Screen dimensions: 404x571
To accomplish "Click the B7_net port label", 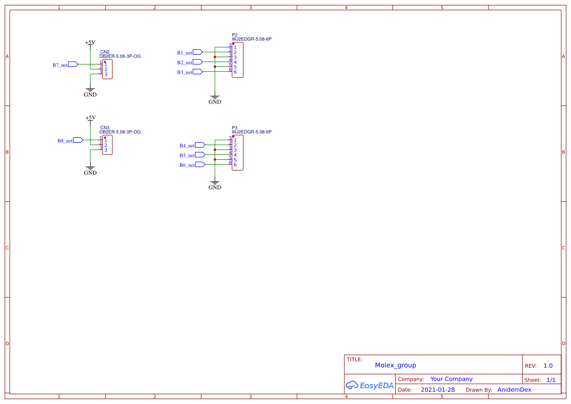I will click(60, 65).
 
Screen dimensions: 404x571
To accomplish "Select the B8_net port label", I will click(65, 141).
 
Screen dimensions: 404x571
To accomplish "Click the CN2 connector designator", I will click(105, 52).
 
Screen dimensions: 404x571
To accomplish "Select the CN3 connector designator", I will click(105, 128).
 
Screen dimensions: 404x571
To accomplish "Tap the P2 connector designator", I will click(234, 35).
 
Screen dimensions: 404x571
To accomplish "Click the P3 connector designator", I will click(234, 128).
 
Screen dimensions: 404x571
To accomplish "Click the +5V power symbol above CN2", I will click(90, 43).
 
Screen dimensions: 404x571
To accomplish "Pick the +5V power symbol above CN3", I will click(90, 118).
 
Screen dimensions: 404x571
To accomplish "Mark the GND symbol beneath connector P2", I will click(215, 100).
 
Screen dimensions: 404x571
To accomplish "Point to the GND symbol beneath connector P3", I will click(215, 185).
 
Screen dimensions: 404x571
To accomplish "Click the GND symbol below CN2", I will click(90, 92).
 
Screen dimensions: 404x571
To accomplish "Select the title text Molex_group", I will click(395, 365).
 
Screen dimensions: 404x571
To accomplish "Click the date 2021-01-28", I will click(438, 390).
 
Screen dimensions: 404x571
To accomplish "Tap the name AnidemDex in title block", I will click(514, 390).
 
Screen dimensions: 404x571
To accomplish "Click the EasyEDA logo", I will click(369, 385).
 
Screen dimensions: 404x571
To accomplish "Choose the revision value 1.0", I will click(548, 366).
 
